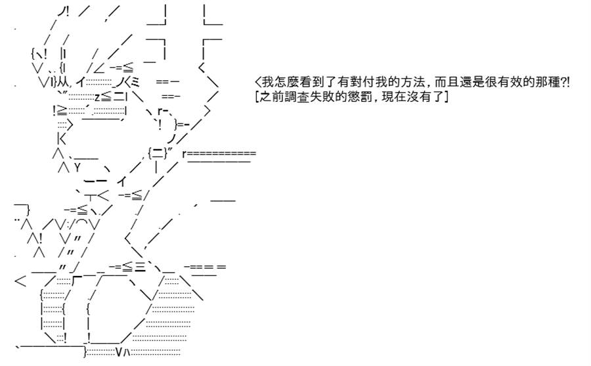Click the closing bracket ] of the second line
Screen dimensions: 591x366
447,97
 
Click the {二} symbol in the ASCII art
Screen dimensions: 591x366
158,153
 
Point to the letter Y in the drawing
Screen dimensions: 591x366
77,167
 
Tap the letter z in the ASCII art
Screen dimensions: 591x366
97,97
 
